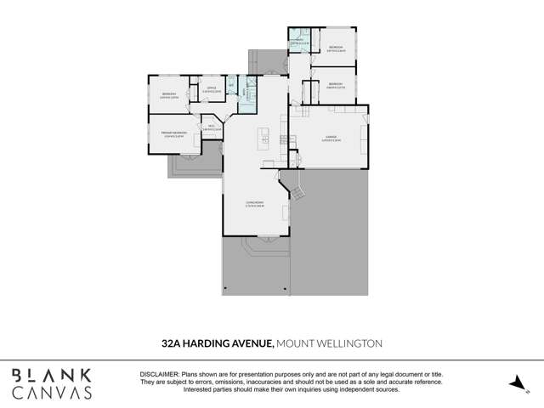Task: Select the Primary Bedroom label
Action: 174,133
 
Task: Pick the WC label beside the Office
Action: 231,84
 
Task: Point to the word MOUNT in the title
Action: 297,343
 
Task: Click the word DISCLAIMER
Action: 158,375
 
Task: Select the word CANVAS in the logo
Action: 51,393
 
